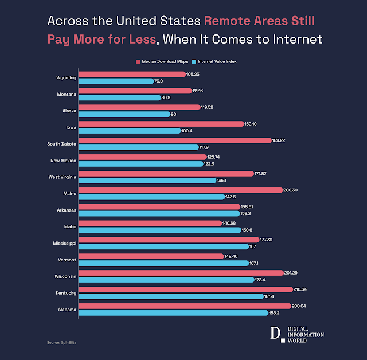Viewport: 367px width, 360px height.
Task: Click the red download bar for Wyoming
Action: (x=132, y=74)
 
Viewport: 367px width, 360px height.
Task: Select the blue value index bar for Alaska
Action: (x=124, y=114)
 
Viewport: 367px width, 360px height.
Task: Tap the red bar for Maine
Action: (x=180, y=190)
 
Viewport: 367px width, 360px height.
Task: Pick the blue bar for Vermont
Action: (x=163, y=263)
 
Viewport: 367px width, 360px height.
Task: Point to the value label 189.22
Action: (x=279, y=140)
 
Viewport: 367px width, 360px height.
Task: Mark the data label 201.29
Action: (x=292, y=273)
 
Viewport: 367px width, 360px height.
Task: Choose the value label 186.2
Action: (x=276, y=313)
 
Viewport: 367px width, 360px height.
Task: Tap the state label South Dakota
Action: (x=60, y=143)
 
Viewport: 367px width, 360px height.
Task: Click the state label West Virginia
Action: (x=60, y=177)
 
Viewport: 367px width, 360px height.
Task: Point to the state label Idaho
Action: (x=70, y=226)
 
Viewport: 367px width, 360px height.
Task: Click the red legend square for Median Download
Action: (x=139, y=61)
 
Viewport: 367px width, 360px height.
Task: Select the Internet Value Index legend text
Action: (x=218, y=61)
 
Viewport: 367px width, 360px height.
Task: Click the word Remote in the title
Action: (x=228, y=21)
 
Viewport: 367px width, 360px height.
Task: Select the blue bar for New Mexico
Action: (x=140, y=164)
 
